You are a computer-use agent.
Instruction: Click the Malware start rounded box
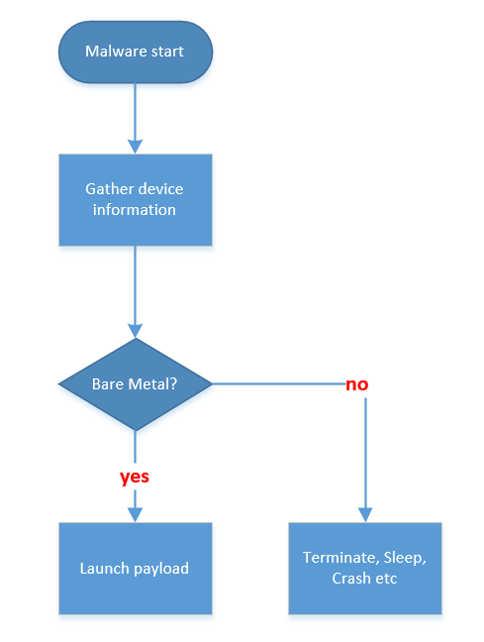pyautogui.click(x=135, y=51)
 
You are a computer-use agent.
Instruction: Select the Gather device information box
pyautogui.click(x=135, y=199)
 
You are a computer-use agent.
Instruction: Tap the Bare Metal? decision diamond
pyautogui.click(x=136, y=384)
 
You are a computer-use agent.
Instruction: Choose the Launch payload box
pyautogui.click(x=135, y=569)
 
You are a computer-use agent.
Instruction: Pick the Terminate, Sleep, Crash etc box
pyautogui.click(x=364, y=569)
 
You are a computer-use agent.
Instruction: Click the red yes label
pyautogui.click(x=135, y=477)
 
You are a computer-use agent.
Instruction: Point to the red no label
pyautogui.click(x=357, y=384)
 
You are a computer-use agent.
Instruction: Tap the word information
pyautogui.click(x=135, y=210)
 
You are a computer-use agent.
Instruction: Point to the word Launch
pyautogui.click(x=103, y=569)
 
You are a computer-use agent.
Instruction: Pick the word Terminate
pyautogui.click(x=337, y=558)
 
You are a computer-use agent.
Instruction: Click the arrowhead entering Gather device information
pyautogui.click(x=135, y=146)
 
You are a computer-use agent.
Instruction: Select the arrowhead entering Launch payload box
pyautogui.click(x=135, y=514)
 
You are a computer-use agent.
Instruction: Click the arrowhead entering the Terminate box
pyautogui.click(x=364, y=514)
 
